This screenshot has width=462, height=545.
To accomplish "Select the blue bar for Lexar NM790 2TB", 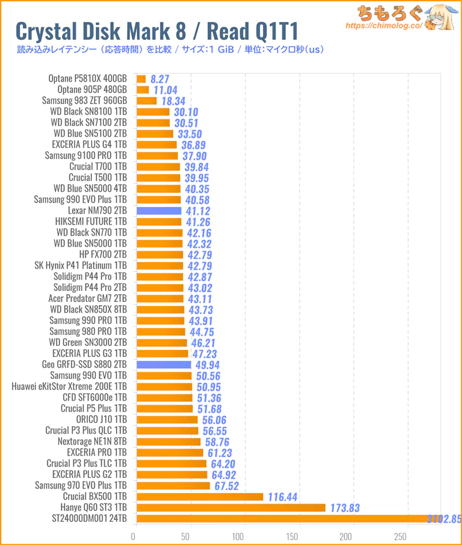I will coord(159,211).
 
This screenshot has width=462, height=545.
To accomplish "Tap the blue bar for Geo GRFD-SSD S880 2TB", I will coord(164,365).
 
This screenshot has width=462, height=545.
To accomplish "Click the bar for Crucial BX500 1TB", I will coord(200,497).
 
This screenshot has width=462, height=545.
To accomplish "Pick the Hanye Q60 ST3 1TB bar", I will coord(231,507).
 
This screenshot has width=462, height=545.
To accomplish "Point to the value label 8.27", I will coord(159,79).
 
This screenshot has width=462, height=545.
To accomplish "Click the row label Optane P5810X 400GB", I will coord(88,79).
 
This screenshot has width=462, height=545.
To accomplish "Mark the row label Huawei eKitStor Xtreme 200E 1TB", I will coord(69,387).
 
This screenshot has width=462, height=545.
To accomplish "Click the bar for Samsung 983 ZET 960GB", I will coord(147,101).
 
